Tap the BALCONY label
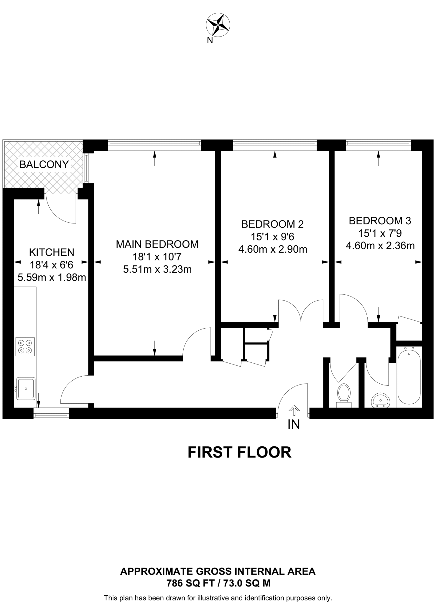[x=44, y=164]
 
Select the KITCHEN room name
[x=52, y=252]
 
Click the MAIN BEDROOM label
[x=157, y=244]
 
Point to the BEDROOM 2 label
[x=272, y=224]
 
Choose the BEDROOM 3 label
[x=380, y=221]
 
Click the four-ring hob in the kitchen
[x=25, y=347]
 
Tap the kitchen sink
[x=26, y=389]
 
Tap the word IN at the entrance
[x=294, y=424]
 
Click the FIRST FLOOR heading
[x=239, y=453]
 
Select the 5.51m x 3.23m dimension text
[x=157, y=269]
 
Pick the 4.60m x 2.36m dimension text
[x=380, y=246]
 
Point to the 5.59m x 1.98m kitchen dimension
[x=52, y=277]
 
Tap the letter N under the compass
[x=210, y=41]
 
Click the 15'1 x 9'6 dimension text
[x=272, y=237]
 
